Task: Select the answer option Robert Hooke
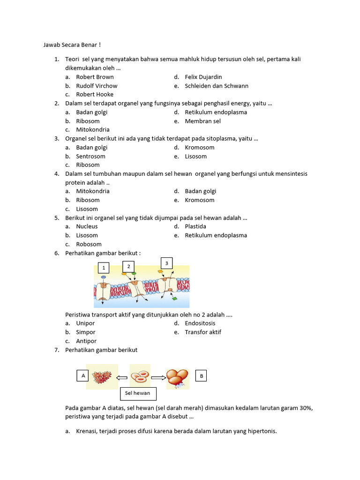coord(95,94)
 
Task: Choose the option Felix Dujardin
coord(203,77)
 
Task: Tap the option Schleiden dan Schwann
coord(217,86)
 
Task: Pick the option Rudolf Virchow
coord(97,86)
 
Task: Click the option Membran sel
coord(202,121)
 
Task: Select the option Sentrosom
coord(90,156)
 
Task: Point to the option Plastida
coord(195,226)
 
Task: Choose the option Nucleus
coord(87,226)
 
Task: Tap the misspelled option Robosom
coord(89,244)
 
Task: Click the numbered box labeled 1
coord(103,268)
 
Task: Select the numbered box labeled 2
coord(128,266)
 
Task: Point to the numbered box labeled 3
coord(166,262)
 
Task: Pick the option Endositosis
coord(200,323)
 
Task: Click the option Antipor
coord(86,341)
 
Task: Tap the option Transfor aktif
coord(203,332)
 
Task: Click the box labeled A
coord(83,375)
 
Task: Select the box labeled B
coord(201,376)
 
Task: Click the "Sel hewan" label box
coord(137,393)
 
